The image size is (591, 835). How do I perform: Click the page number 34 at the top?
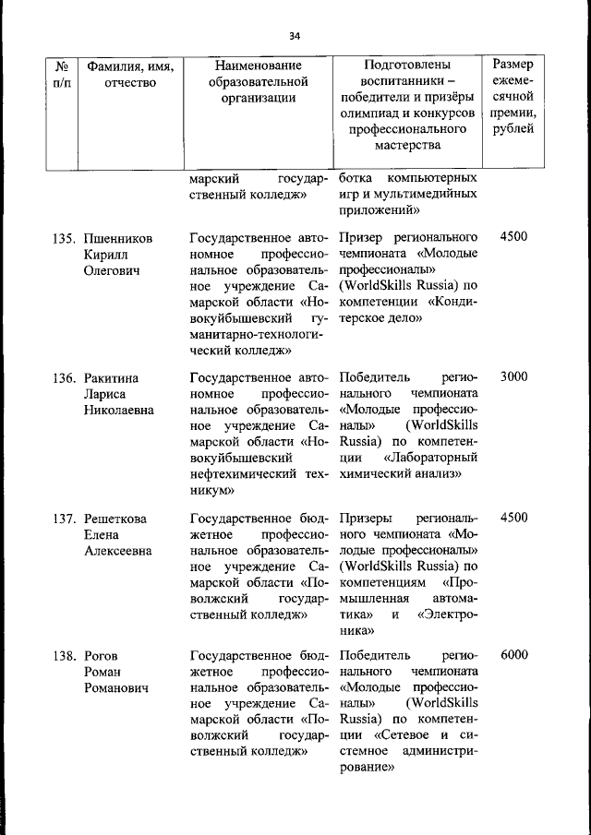(295, 35)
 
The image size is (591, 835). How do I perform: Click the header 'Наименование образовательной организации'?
(258, 82)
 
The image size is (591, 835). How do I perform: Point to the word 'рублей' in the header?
(513, 128)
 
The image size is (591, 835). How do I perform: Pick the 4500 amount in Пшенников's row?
(513, 237)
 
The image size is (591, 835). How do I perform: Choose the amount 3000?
(513, 378)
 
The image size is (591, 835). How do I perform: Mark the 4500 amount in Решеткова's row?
(513, 519)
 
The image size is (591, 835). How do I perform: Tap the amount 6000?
(513, 655)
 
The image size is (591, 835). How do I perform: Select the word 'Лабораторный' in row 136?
(430, 458)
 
